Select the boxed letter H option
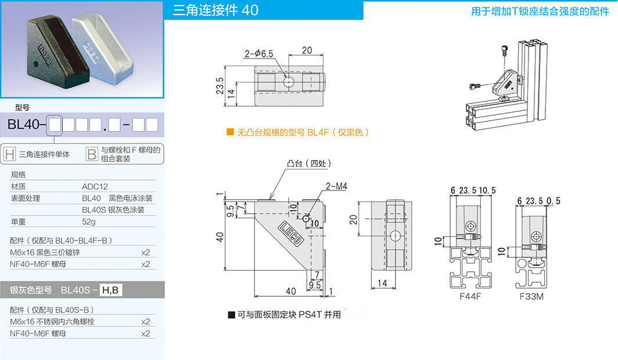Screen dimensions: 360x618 [9, 154]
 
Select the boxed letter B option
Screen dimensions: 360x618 [92, 154]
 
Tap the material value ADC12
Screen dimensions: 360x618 [95, 186]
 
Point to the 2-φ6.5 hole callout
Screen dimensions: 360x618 [259, 54]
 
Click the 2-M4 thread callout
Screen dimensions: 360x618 [336, 186]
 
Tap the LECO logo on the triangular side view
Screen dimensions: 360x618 [293, 235]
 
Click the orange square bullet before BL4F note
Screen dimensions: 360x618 [230, 132]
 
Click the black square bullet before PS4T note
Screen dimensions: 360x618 [231, 315]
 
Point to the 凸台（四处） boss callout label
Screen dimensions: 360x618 [308, 165]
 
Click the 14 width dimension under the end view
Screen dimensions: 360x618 [381, 283]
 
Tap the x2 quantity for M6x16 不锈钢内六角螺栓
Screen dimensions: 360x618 [145, 322]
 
